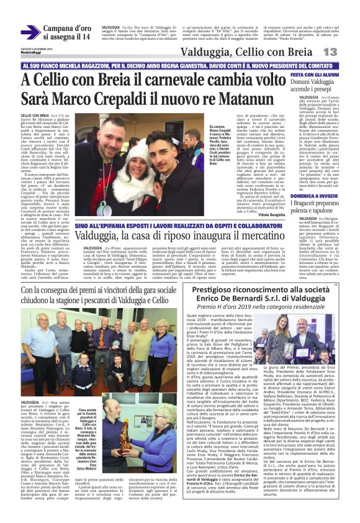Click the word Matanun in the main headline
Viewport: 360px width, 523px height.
pyautogui.click(x=244, y=99)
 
